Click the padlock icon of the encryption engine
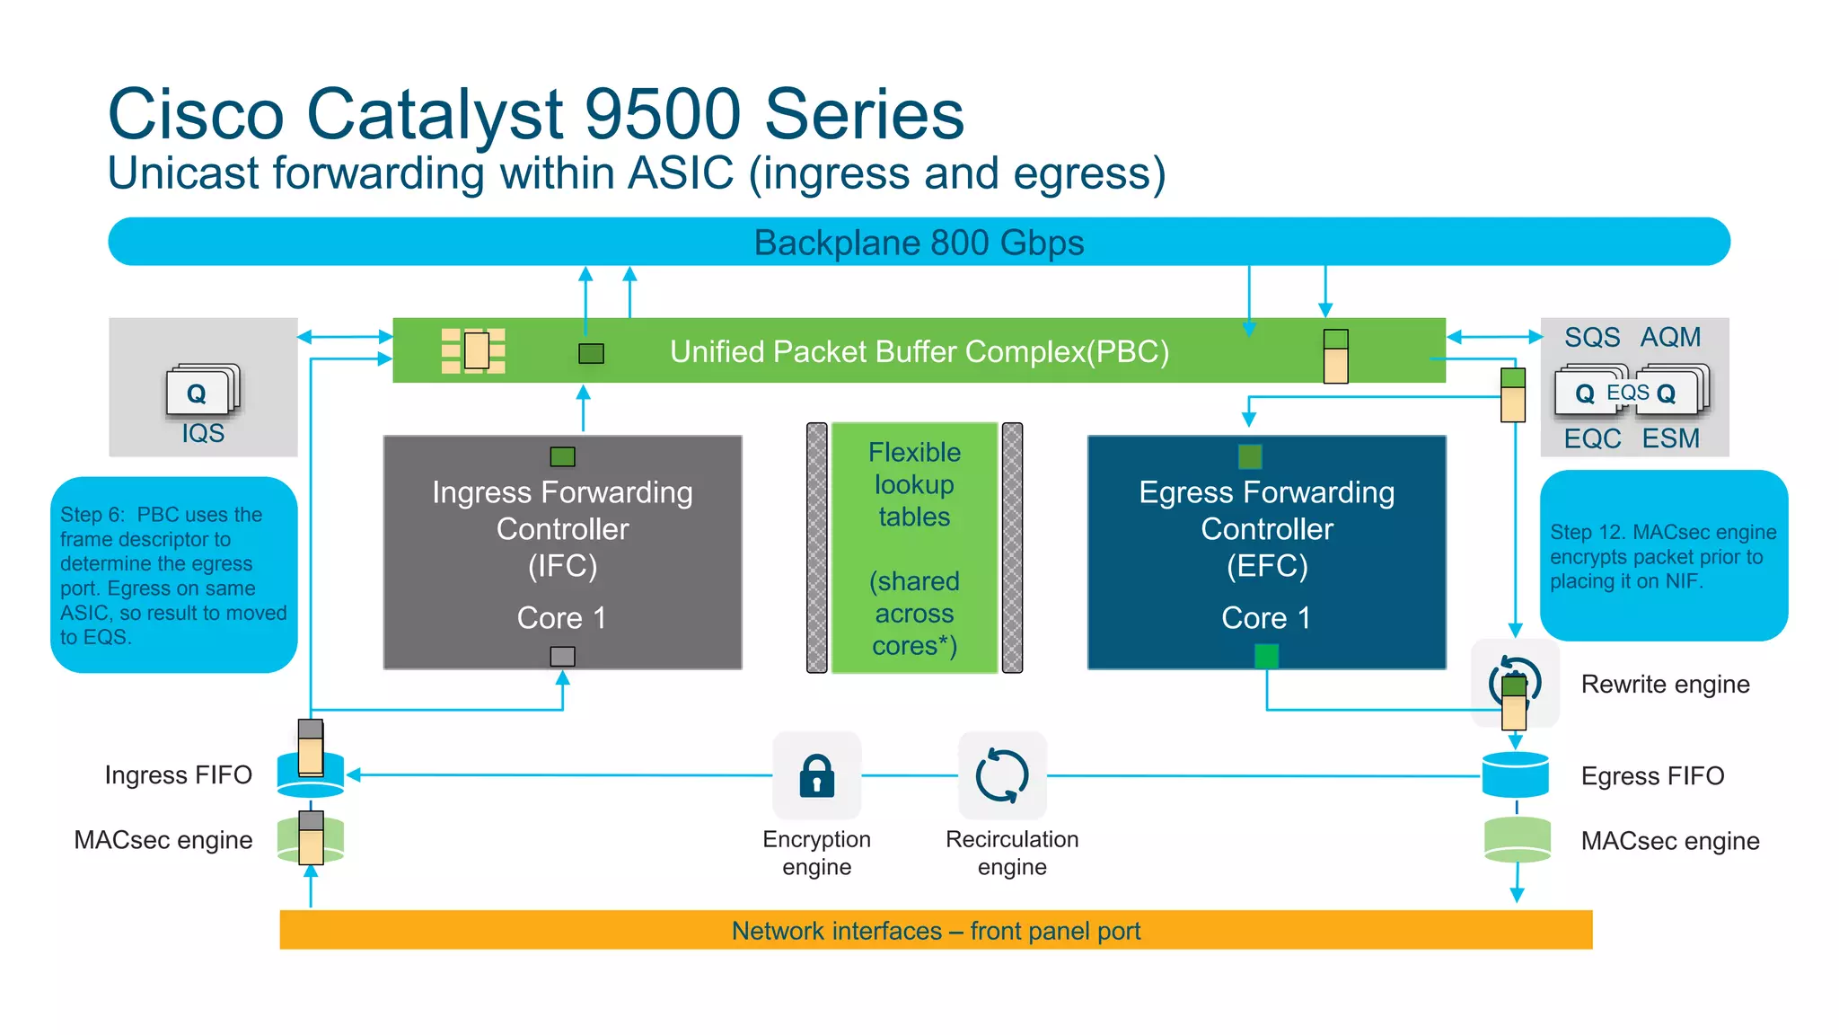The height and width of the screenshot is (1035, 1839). pyautogui.click(x=816, y=776)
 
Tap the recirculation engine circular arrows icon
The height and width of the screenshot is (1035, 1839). pyautogui.click(x=1002, y=775)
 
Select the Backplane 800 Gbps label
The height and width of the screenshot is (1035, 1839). pyautogui.click(x=919, y=243)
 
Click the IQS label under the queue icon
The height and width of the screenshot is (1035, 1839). pyautogui.click(x=203, y=434)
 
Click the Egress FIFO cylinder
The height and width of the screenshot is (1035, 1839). pyautogui.click(x=1516, y=775)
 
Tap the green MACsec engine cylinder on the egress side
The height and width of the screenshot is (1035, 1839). pyautogui.click(x=1518, y=840)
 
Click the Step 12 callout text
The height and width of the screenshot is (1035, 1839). pyautogui.click(x=1663, y=557)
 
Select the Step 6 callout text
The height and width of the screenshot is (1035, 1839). pyautogui.click(x=172, y=576)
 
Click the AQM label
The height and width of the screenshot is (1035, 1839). pyautogui.click(x=1670, y=337)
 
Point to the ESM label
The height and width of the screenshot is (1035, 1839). pyautogui.click(x=1670, y=438)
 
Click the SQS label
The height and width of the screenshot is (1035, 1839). pyautogui.click(x=1592, y=337)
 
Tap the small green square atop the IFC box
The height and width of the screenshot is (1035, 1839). pyautogui.click(x=562, y=456)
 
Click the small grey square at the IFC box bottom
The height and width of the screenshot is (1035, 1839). pyautogui.click(x=562, y=657)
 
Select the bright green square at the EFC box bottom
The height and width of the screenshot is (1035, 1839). pyautogui.click(x=1266, y=657)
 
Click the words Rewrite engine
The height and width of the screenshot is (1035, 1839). pyautogui.click(x=1665, y=685)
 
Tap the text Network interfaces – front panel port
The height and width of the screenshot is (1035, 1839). pyautogui.click(x=936, y=931)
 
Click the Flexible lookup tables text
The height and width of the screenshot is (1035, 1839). pyautogui.click(x=914, y=484)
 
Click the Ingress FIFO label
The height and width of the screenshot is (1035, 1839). pyautogui.click(x=178, y=775)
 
